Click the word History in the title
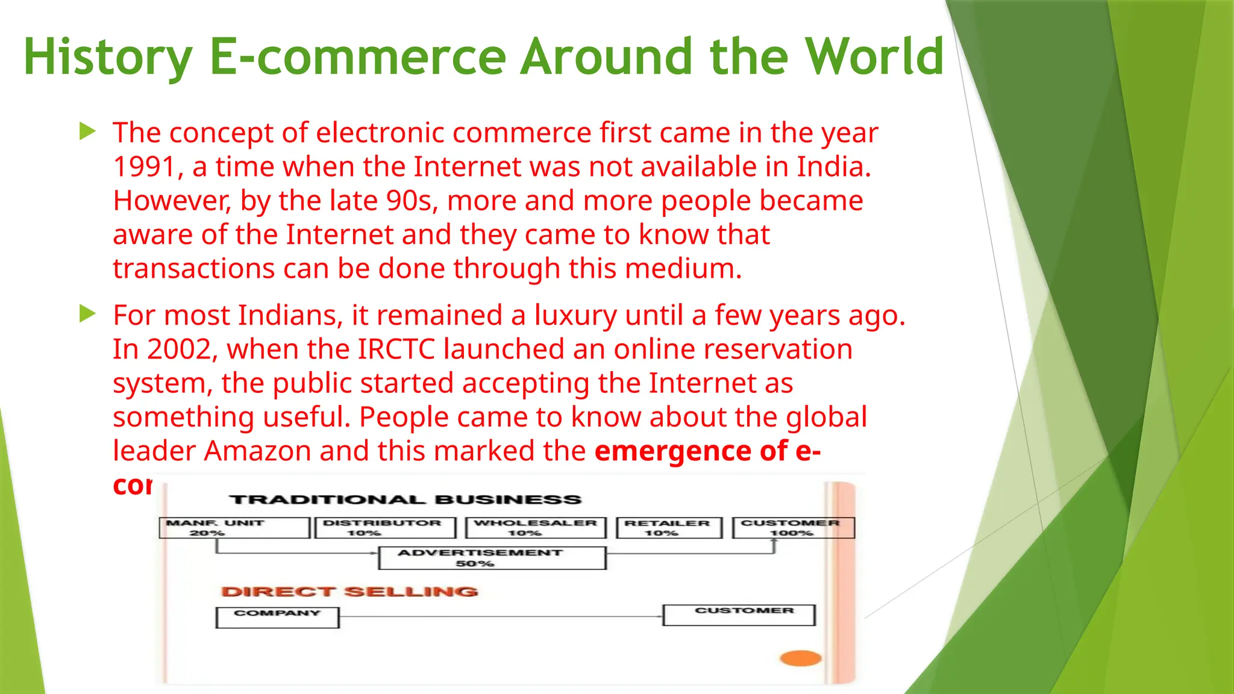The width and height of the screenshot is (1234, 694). point(107,57)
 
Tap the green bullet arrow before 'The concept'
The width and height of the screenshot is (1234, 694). point(87,131)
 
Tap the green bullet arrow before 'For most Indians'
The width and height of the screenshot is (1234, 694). point(87,313)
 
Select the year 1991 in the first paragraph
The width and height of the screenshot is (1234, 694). point(144,167)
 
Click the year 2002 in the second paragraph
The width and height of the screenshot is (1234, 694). point(179,349)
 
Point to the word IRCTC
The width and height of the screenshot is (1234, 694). point(396,349)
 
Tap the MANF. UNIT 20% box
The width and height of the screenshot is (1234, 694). point(234,528)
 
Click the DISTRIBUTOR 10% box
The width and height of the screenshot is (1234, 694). point(385,528)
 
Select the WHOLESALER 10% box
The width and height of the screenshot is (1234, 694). point(536,528)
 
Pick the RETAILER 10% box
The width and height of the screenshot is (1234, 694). point(669,528)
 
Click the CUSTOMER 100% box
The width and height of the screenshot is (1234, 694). point(793,528)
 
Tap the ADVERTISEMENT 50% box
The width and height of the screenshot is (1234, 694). point(492,558)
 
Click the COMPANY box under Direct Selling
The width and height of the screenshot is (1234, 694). point(277,617)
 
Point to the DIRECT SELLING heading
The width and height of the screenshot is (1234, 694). point(349,592)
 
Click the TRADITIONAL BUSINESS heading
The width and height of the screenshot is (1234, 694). point(405,499)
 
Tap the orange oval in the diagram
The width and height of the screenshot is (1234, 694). point(801,658)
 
